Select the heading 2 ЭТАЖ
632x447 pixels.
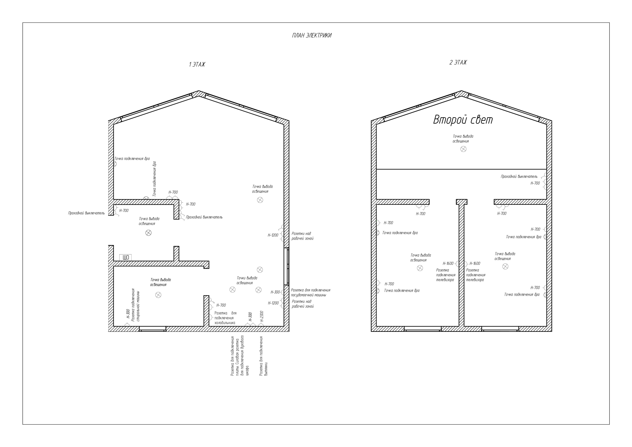click(458, 62)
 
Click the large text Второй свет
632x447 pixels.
click(463, 120)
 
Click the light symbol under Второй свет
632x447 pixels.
click(464, 149)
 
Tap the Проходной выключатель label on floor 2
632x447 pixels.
click(519, 176)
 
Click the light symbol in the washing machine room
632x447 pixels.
click(158, 295)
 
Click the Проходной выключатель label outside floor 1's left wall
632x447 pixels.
click(86, 213)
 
